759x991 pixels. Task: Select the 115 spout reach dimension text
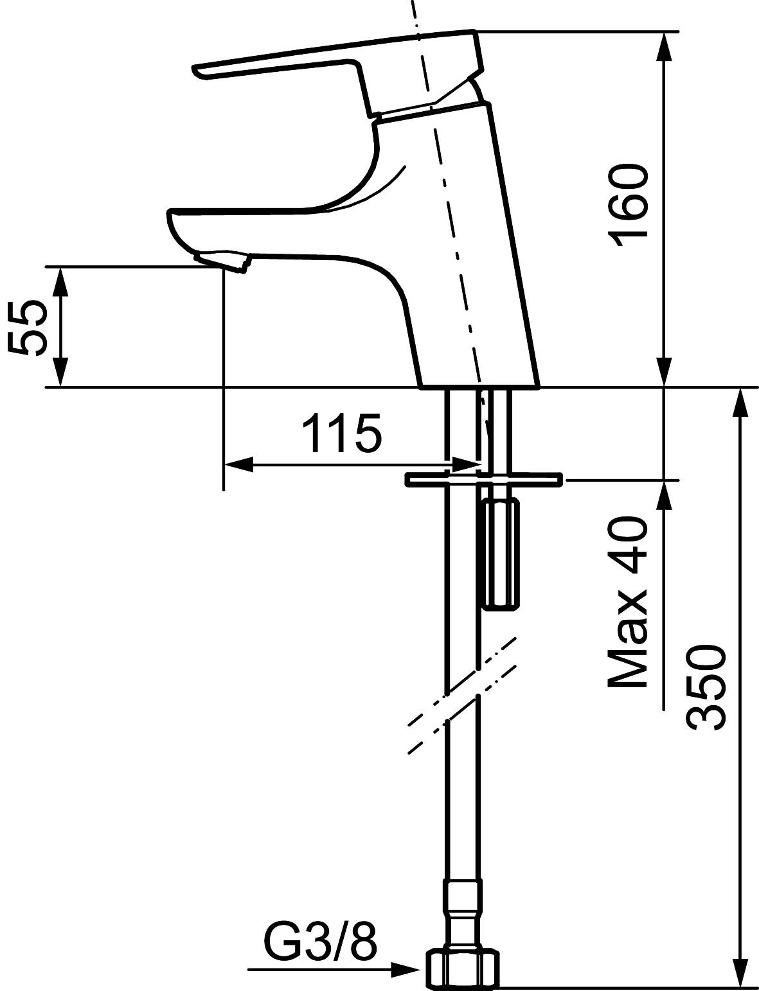[341, 434]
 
